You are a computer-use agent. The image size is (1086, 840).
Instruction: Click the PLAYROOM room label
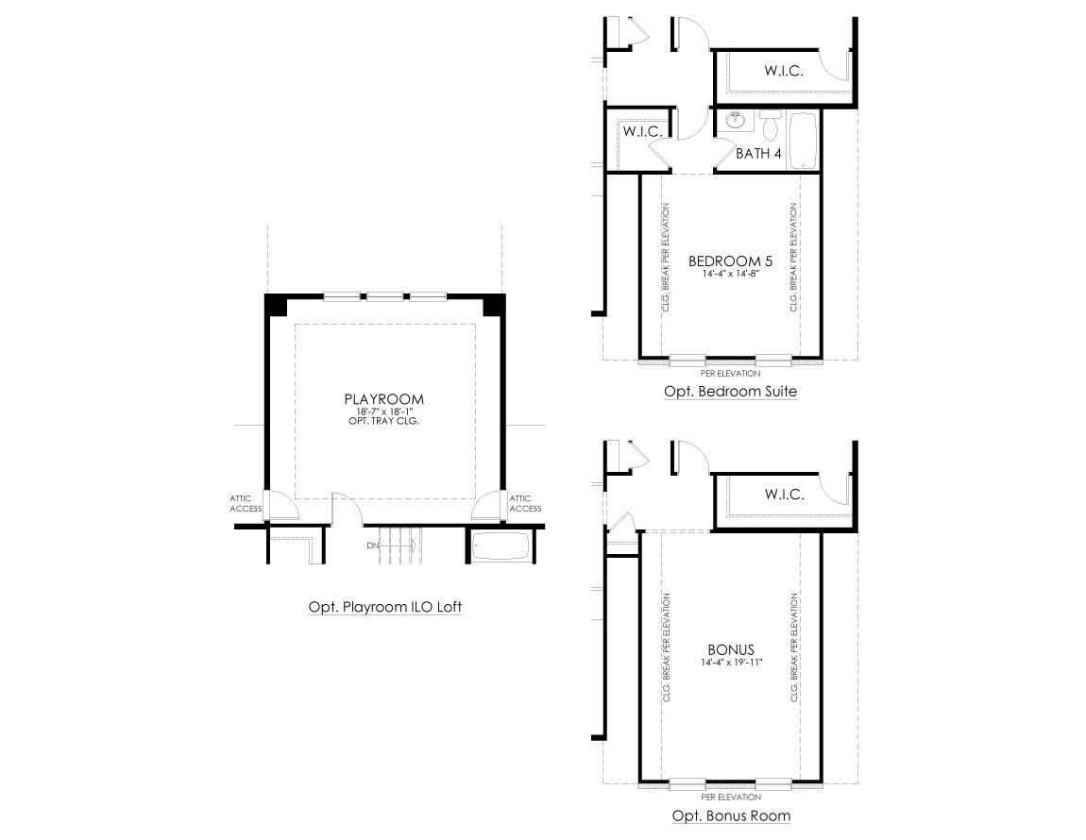(383, 399)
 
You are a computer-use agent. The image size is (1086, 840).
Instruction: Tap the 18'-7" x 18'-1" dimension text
(383, 412)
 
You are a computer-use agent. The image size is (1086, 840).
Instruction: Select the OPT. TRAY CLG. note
(383, 420)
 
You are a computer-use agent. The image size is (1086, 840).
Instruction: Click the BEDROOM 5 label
(730, 261)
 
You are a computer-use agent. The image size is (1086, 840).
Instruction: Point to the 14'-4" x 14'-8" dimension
(731, 273)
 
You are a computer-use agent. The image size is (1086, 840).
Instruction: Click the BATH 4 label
(758, 153)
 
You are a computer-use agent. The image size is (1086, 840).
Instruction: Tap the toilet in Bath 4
(770, 124)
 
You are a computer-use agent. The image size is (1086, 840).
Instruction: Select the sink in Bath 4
(735, 122)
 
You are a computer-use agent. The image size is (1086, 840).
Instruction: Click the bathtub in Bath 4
(803, 141)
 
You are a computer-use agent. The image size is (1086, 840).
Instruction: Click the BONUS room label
(731, 649)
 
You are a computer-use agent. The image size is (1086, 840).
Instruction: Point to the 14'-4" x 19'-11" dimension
(731, 662)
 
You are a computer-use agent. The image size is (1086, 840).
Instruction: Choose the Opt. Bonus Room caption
(731, 815)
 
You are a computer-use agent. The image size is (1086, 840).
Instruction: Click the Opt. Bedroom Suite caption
(731, 392)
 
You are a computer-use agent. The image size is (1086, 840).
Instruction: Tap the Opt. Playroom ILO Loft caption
(385, 607)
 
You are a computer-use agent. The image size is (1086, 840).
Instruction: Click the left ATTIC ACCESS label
(246, 503)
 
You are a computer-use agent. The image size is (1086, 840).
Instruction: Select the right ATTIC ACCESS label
(526, 503)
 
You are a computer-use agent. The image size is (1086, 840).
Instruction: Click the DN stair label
(373, 546)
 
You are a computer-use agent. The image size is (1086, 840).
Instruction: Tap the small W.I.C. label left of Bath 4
(643, 131)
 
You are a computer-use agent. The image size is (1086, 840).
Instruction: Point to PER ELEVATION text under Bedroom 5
(731, 373)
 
